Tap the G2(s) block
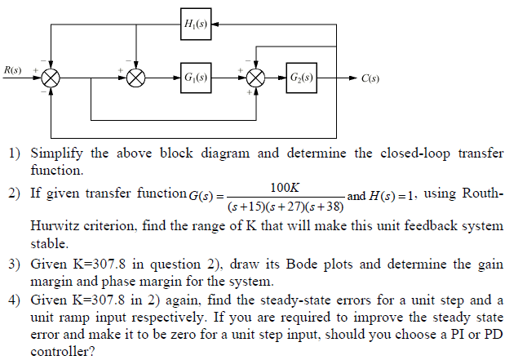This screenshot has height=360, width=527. click(x=302, y=78)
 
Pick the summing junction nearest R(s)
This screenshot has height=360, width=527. click(x=52, y=78)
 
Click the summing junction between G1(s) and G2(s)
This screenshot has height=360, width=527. click(x=256, y=78)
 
